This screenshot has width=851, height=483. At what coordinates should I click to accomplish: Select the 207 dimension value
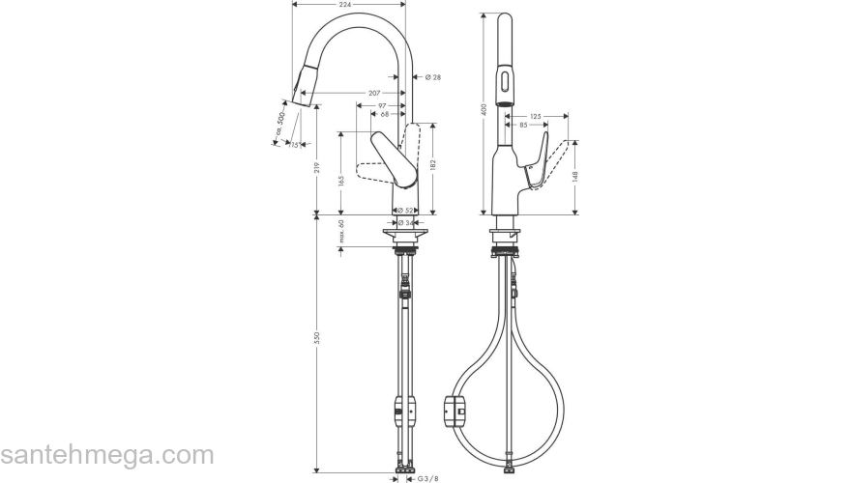pyautogui.click(x=373, y=93)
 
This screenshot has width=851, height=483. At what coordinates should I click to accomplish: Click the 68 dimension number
pyautogui.click(x=385, y=114)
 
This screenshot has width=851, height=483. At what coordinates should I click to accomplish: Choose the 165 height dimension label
pyautogui.click(x=341, y=179)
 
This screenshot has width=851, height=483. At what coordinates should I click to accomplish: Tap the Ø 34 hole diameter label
pyautogui.click(x=405, y=222)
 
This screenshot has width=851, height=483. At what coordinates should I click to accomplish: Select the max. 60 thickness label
pyautogui.click(x=341, y=233)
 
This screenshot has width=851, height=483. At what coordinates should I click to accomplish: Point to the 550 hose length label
pyautogui.click(x=317, y=338)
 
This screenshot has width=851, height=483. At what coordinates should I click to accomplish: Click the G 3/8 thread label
pyautogui.click(x=426, y=476)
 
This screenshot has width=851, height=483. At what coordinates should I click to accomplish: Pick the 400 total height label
pyautogui.click(x=483, y=111)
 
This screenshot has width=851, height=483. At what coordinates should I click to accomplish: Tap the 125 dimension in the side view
pyautogui.click(x=536, y=116)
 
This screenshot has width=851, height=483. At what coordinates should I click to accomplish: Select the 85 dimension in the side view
pyautogui.click(x=523, y=125)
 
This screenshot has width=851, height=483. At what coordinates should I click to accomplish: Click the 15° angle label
pyautogui.click(x=294, y=145)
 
